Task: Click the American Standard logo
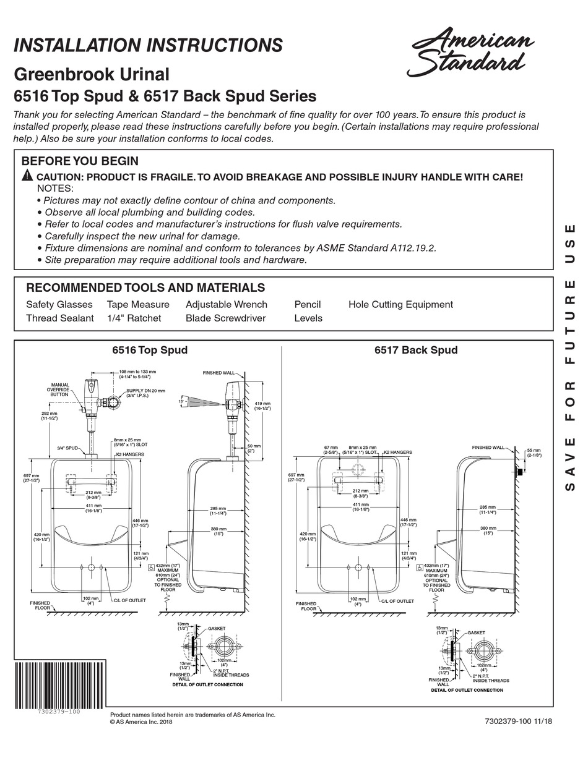click(470, 52)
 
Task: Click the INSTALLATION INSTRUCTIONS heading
click(148, 45)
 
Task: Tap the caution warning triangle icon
click(27, 176)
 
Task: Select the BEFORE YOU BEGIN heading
click(80, 161)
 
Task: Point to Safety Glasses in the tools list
click(59, 304)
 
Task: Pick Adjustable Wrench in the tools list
click(227, 304)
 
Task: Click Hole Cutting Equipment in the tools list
click(400, 304)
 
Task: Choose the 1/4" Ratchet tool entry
click(134, 318)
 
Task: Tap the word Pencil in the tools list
click(308, 304)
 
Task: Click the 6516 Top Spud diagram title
click(149, 350)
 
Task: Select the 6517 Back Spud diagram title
click(416, 350)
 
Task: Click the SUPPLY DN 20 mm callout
click(146, 394)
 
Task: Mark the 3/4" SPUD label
click(67, 448)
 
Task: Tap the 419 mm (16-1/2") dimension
click(262, 406)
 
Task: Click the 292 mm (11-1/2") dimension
click(49, 415)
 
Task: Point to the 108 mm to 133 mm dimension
click(137, 374)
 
